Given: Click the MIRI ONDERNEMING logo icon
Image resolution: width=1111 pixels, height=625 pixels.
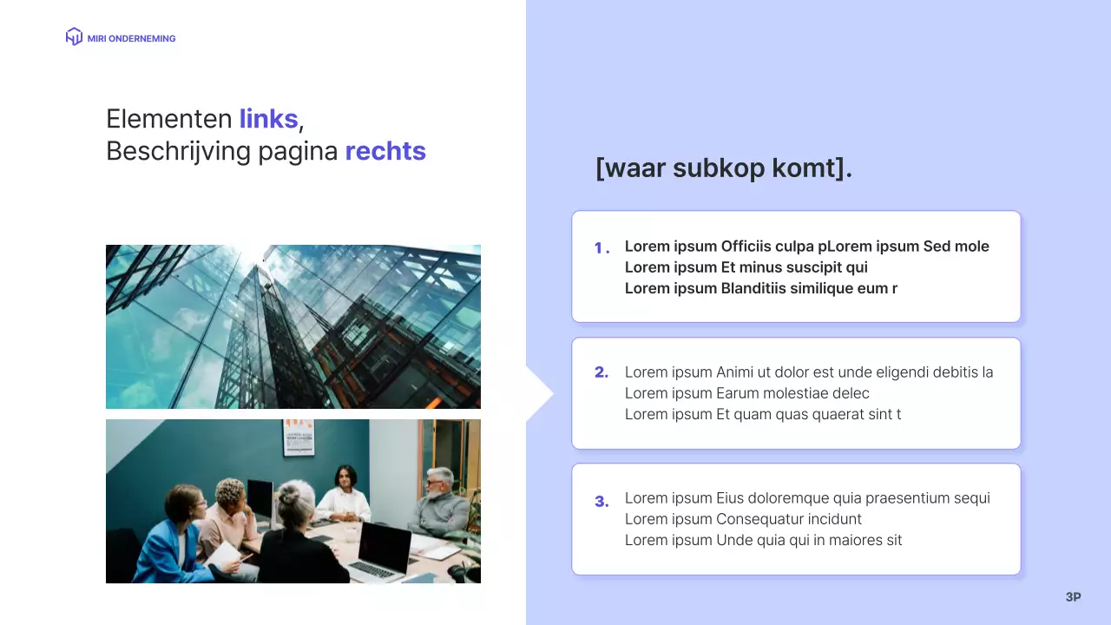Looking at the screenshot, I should click(x=74, y=36).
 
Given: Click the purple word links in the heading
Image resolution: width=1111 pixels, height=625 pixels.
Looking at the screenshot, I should click(x=268, y=119).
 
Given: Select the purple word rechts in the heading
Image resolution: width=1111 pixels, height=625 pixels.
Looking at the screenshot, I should click(x=385, y=151).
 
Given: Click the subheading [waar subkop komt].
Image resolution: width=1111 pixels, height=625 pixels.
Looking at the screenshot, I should click(x=724, y=168).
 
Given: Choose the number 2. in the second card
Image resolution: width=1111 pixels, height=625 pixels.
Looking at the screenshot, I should click(x=602, y=373).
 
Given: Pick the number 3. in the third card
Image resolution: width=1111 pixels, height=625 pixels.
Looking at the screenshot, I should click(x=602, y=501).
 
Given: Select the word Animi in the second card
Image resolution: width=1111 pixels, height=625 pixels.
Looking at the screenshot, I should click(x=737, y=372).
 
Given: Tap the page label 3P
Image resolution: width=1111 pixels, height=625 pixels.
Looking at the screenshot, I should click(x=1073, y=597).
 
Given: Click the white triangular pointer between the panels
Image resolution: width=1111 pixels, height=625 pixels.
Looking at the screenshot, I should click(x=538, y=393).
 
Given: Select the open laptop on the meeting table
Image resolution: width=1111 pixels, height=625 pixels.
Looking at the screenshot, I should click(x=382, y=552).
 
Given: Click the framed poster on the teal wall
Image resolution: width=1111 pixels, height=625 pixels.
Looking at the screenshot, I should click(x=298, y=437).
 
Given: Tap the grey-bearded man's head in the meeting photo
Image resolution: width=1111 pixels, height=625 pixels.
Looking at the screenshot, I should click(x=440, y=480).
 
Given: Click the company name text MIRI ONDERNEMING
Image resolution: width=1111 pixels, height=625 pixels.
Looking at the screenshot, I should click(x=131, y=38).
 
